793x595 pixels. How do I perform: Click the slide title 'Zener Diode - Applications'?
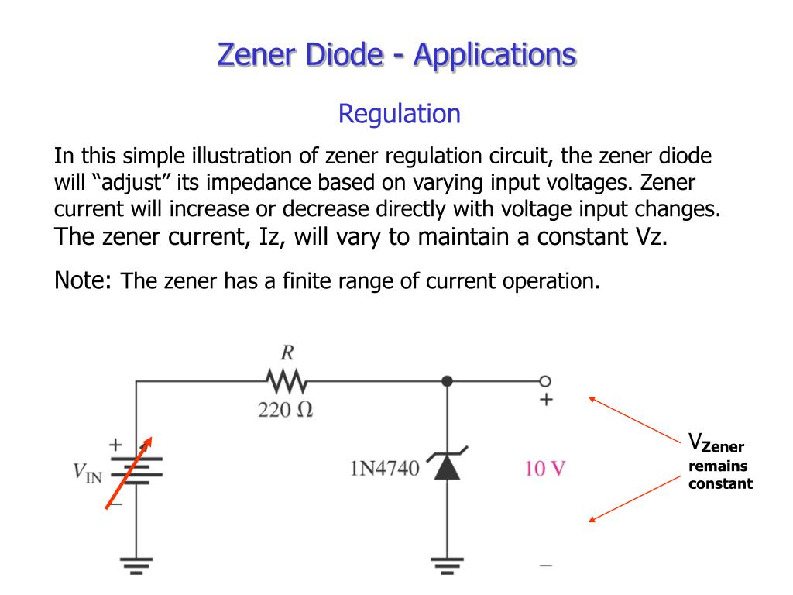point(396,55)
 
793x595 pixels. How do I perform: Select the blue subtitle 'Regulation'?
point(399,114)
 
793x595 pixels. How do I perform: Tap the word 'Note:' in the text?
point(84,280)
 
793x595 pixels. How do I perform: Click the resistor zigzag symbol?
point(286,381)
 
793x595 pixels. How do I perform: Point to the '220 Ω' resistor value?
point(286,409)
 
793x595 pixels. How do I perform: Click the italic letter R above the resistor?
point(287,353)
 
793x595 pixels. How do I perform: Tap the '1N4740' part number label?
point(385,469)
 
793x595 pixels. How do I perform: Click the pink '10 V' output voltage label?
point(545,469)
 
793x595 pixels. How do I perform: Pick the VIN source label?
point(88,472)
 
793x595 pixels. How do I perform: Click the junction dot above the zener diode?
point(447,381)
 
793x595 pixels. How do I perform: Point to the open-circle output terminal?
point(545,381)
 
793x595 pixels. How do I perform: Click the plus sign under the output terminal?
point(546,401)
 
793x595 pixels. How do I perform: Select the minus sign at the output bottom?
point(546,566)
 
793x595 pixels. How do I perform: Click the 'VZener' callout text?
point(716,444)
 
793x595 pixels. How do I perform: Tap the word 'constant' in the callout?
point(720,483)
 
